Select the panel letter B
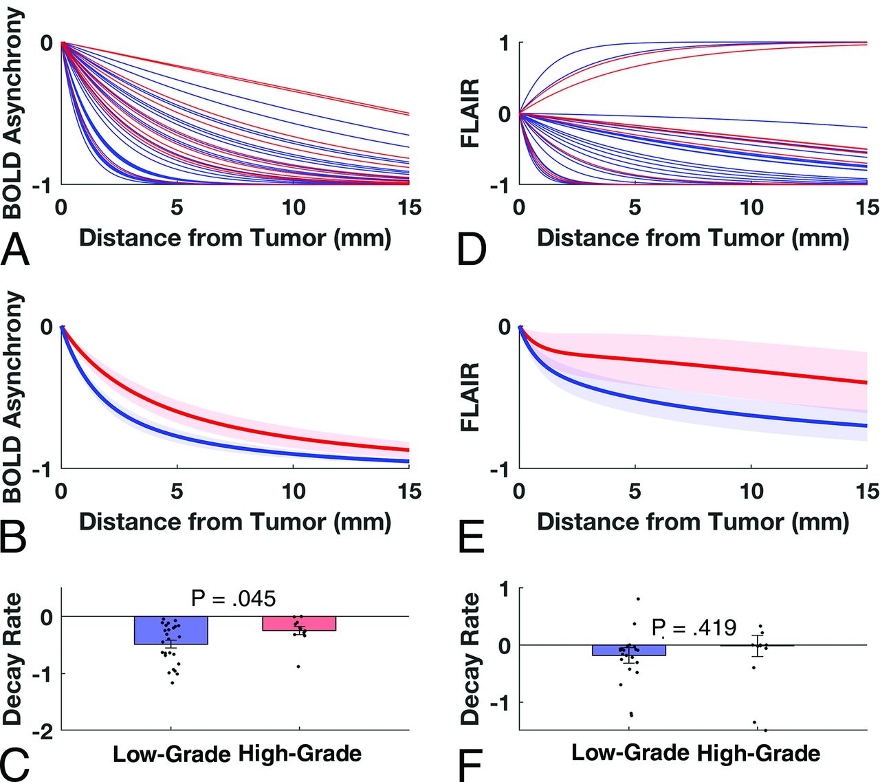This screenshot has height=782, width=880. pyautogui.click(x=14, y=534)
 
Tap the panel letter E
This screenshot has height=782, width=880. pyautogui.click(x=471, y=534)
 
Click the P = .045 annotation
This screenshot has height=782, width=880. pyautogui.click(x=233, y=598)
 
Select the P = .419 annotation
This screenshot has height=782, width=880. pyautogui.click(x=694, y=627)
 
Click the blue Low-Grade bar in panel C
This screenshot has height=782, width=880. pyautogui.click(x=171, y=630)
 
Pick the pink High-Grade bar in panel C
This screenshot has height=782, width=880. pyautogui.click(x=299, y=623)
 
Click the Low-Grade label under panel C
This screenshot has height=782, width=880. pyautogui.click(x=171, y=754)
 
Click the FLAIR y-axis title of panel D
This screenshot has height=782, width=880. pyautogui.click(x=470, y=113)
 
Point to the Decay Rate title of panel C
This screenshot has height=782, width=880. pyautogui.click(x=12, y=659)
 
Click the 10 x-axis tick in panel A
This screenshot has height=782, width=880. pyautogui.click(x=294, y=207)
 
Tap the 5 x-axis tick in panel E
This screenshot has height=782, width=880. pyautogui.click(x=635, y=491)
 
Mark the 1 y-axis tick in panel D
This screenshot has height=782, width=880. pyautogui.click(x=504, y=43)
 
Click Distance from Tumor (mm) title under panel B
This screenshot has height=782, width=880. pyautogui.click(x=235, y=521)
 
